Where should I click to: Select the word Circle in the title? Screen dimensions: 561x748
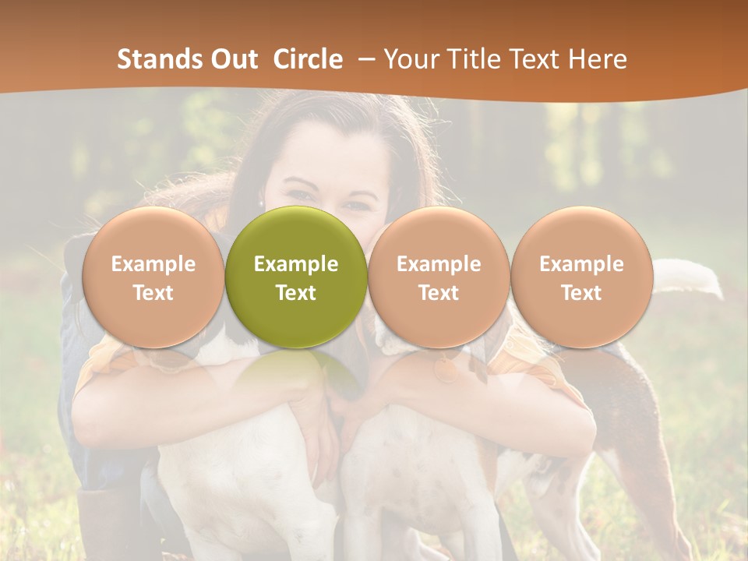pyautogui.click(x=308, y=59)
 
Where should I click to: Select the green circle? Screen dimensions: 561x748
pyautogui.click(x=296, y=277)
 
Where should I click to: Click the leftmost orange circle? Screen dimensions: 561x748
pyautogui.click(x=153, y=277)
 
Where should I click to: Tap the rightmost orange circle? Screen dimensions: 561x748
pyautogui.click(x=581, y=277)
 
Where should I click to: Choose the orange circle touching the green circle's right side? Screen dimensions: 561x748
pyautogui.click(x=439, y=277)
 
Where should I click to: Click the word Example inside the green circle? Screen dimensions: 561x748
pyautogui.click(x=296, y=264)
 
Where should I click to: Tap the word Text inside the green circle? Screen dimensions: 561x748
pyautogui.click(x=296, y=293)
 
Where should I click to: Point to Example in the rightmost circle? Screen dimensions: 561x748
pyautogui.click(x=581, y=264)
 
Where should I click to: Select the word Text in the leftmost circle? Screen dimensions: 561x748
pyautogui.click(x=153, y=293)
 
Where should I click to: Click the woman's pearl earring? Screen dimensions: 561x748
pyautogui.click(x=261, y=203)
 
